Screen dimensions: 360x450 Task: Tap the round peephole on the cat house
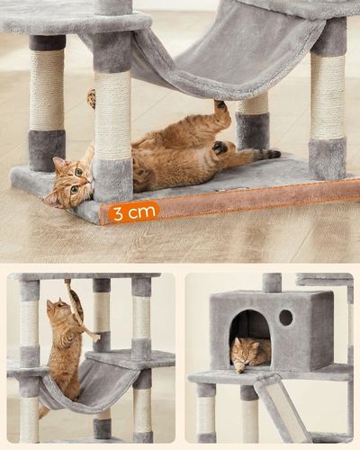click(285, 318)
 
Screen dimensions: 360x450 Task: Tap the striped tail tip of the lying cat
click(273, 154)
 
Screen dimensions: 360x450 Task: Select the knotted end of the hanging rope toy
click(96, 338)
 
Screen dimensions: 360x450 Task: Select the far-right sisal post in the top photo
click(328, 102)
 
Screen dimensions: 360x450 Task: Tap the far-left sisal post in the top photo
click(47, 102)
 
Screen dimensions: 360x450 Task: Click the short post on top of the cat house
click(272, 282)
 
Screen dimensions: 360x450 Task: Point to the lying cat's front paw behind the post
click(92, 98)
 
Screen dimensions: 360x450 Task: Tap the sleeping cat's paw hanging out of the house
click(239, 368)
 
